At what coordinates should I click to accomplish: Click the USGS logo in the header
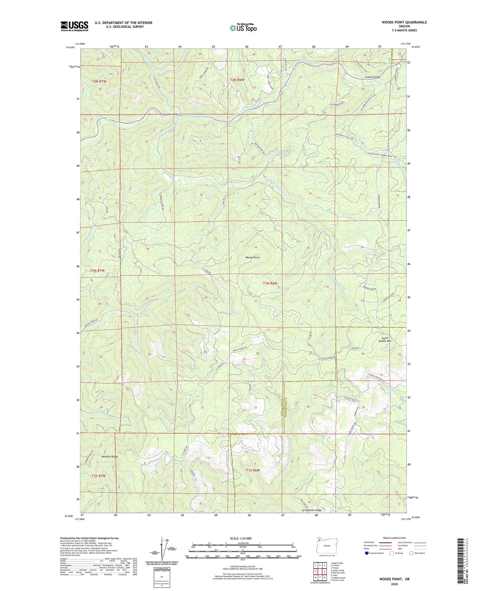[74, 26]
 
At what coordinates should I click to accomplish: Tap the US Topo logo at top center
[243, 28]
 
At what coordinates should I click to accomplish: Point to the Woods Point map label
[252, 258]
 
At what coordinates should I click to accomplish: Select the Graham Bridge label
[372, 77]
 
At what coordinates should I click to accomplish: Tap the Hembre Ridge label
[101, 457]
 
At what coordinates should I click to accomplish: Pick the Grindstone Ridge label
[312, 510]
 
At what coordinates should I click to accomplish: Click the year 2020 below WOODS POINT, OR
[394, 584]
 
